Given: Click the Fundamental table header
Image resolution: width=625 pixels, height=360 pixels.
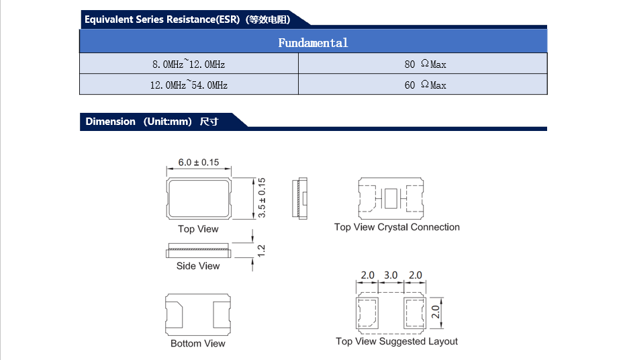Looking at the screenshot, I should coord(313,42).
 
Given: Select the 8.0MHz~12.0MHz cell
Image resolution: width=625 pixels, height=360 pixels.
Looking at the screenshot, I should coord(189,64).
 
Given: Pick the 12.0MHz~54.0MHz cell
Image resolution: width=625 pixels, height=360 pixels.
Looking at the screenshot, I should coord(189,85).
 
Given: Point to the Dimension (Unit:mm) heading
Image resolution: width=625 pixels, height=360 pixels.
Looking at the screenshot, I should coord(152,122).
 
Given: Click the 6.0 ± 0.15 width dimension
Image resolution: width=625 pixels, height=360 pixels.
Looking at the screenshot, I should coord(199,163).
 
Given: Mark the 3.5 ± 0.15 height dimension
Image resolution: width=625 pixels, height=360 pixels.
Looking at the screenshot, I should coord(262,197).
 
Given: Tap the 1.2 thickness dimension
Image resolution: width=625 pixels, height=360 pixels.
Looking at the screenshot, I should coord(262,250).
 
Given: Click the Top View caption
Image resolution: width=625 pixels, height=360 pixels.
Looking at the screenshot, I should coord(198,229).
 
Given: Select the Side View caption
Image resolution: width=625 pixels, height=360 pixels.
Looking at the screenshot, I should coord(198,266).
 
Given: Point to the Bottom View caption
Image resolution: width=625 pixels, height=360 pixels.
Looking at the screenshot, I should coord(198,343).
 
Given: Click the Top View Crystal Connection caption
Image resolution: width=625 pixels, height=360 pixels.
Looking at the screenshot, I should coord(397,227).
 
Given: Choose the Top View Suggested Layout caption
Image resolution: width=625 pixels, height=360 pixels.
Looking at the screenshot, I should coord(397,341).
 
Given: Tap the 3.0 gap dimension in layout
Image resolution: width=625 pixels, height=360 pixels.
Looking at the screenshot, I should coord(391,275).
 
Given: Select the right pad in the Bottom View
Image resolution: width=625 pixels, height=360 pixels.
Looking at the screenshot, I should coord(222,314).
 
